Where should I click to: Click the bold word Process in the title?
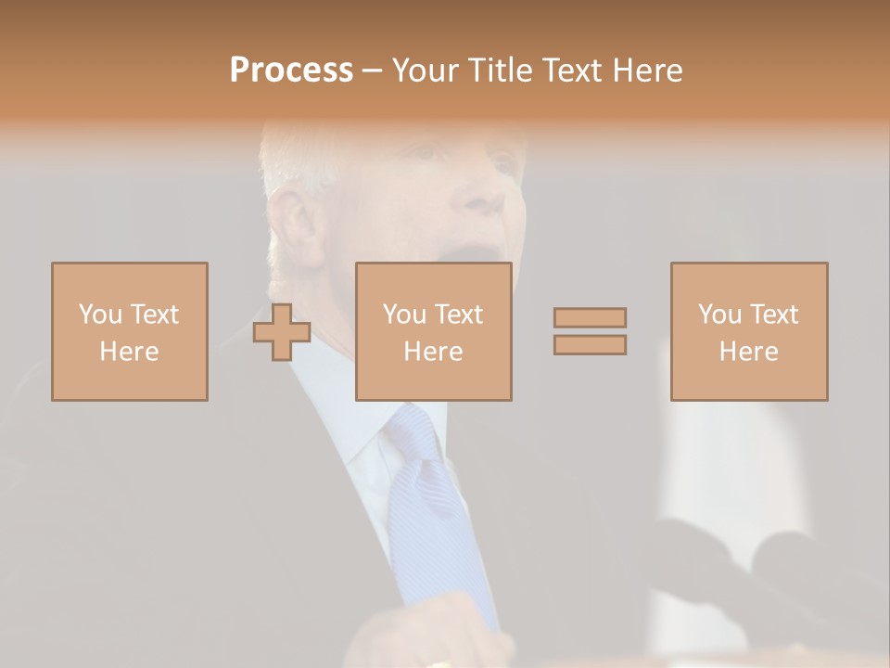click(x=291, y=71)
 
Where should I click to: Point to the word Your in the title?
click(x=426, y=71)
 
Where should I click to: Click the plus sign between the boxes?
click(x=282, y=332)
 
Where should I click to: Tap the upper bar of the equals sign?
click(x=590, y=317)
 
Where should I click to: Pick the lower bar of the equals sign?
click(x=590, y=344)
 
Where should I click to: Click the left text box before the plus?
click(x=129, y=331)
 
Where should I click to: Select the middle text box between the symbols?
click(x=433, y=331)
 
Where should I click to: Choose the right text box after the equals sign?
click(x=748, y=331)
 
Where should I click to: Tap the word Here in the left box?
click(x=129, y=352)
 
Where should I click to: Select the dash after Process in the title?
click(x=372, y=71)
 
